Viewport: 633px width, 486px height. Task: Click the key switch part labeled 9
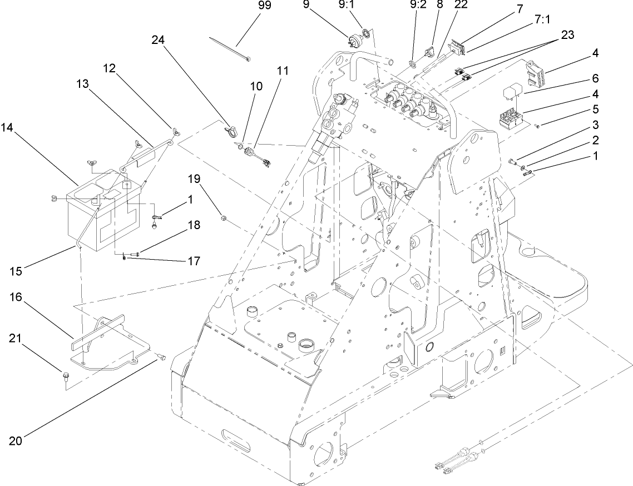click(x=352, y=40)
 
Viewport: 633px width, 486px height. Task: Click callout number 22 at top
click(x=461, y=4)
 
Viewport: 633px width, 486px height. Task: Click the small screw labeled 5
click(x=537, y=127)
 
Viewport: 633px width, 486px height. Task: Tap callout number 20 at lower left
click(x=16, y=441)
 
